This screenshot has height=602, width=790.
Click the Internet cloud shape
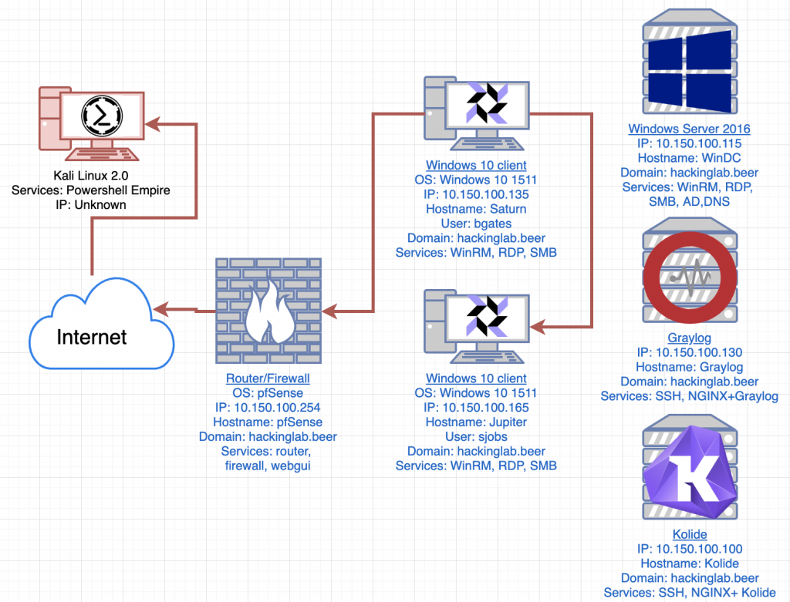(x=101, y=325)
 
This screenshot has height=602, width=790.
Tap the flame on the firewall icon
(x=269, y=312)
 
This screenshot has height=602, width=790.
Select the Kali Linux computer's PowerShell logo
(x=102, y=116)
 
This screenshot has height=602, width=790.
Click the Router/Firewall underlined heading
(x=268, y=378)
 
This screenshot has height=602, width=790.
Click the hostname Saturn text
(x=476, y=209)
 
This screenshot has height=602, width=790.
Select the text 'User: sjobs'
(x=476, y=436)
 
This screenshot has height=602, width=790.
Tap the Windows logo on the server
(x=689, y=71)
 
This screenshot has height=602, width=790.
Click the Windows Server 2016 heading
(x=689, y=129)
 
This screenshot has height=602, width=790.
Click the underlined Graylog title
(x=689, y=338)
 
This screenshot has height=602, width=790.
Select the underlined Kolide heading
(x=690, y=534)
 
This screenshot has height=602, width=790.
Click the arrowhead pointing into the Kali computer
(x=152, y=124)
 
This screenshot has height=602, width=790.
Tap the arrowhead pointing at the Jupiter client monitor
(x=538, y=327)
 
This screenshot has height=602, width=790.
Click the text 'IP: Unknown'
(x=91, y=205)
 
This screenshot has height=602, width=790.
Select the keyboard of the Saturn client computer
(x=487, y=144)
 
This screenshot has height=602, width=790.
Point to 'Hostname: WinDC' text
(x=689, y=158)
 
